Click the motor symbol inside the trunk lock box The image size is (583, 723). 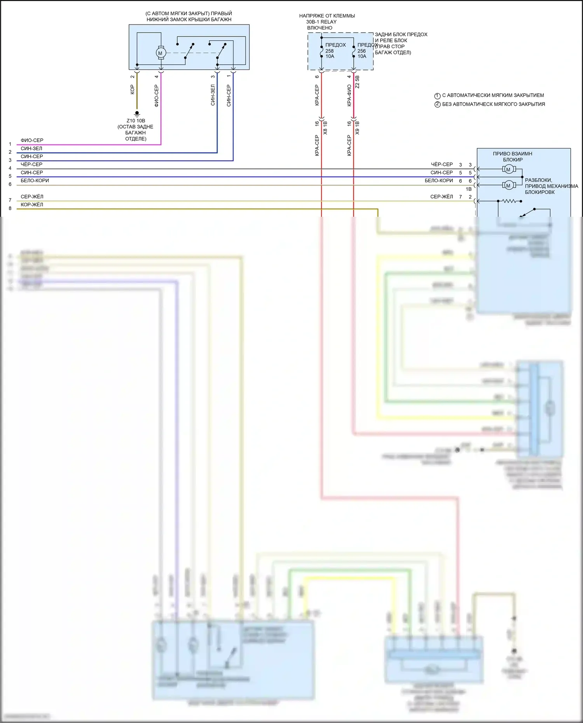point(161,53)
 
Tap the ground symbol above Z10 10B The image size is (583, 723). point(137,113)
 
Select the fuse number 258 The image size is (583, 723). point(330,51)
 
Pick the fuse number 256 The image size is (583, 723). point(361,51)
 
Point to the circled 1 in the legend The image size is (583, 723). point(437,96)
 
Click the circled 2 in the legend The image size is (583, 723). point(437,105)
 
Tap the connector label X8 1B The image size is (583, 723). point(325,128)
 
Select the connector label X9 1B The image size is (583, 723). point(357,128)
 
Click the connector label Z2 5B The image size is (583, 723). point(357,82)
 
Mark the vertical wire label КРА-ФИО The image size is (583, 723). point(349,96)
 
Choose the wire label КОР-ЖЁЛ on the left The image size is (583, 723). point(32,205)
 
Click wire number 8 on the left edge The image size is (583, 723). point(10,209)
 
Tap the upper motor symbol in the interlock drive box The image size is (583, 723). point(508,169)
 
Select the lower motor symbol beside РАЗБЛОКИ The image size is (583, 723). point(508,185)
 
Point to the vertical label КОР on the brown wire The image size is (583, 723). point(132,90)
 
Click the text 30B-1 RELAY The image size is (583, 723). point(321,22)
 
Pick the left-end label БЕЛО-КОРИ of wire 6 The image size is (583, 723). point(35,181)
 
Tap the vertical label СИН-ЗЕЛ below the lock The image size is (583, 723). point(213,95)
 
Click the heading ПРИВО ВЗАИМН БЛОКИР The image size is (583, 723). point(513,157)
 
